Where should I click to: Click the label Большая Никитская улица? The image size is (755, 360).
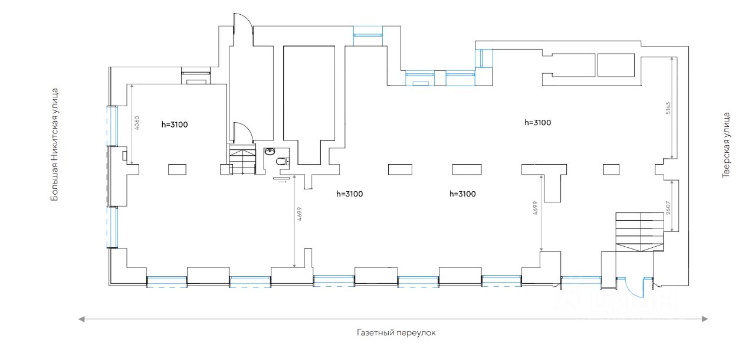click(x=54, y=145)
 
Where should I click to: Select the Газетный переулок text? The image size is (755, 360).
click(x=396, y=333)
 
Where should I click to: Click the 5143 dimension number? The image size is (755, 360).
click(x=668, y=109)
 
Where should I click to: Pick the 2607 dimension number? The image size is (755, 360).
click(x=668, y=207)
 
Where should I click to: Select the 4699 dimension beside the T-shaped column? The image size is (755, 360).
click(x=535, y=208)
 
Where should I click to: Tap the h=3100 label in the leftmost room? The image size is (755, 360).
click(x=174, y=125)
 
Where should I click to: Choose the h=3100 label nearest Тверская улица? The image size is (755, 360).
click(x=537, y=123)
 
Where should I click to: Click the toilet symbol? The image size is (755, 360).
click(x=281, y=161)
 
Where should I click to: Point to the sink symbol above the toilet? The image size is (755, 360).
click(x=271, y=151)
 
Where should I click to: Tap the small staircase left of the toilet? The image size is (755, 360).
click(x=242, y=159)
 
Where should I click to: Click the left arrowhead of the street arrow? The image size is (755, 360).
click(x=82, y=319)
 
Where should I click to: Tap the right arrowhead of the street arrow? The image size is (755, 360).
click(x=705, y=319)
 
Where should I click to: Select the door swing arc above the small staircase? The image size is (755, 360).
click(x=244, y=132)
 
